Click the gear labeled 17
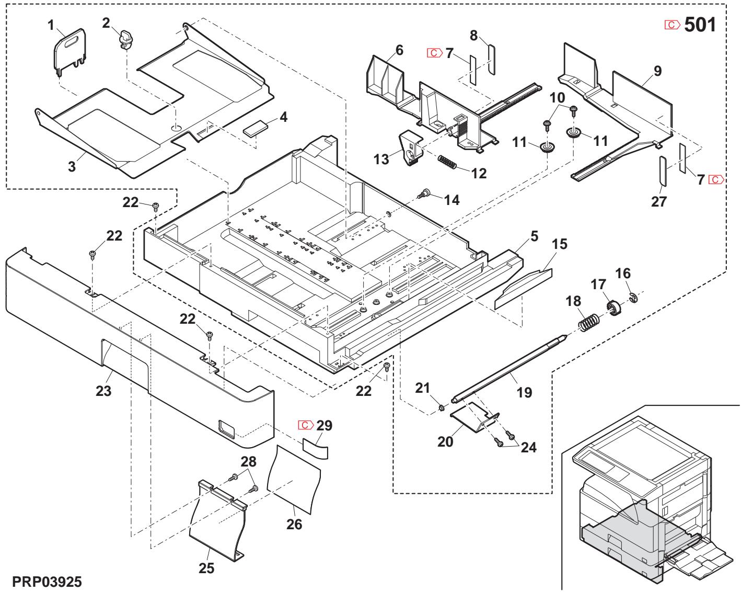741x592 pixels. [613, 308]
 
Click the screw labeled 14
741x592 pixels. [422, 195]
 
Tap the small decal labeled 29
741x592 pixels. [316, 448]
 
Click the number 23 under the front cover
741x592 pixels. [103, 391]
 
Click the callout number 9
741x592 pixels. [657, 71]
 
